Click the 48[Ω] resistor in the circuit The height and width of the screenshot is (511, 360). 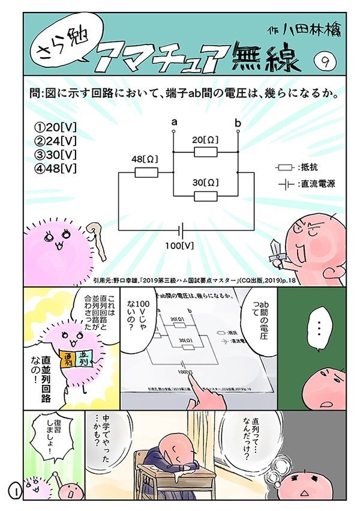[146, 173]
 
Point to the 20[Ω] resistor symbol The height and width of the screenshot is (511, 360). [206, 153]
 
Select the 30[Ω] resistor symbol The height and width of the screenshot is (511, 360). [206, 196]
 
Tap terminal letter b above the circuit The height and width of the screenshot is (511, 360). [238, 123]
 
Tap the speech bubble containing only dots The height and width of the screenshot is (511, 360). [319, 327]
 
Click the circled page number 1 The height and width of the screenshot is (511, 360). [14, 489]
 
